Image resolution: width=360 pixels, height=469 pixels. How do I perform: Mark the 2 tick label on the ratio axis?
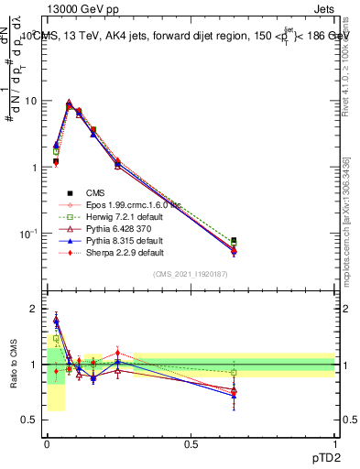[x=34, y=309]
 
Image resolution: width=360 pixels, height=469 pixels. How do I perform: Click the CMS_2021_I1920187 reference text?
[x=191, y=275]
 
